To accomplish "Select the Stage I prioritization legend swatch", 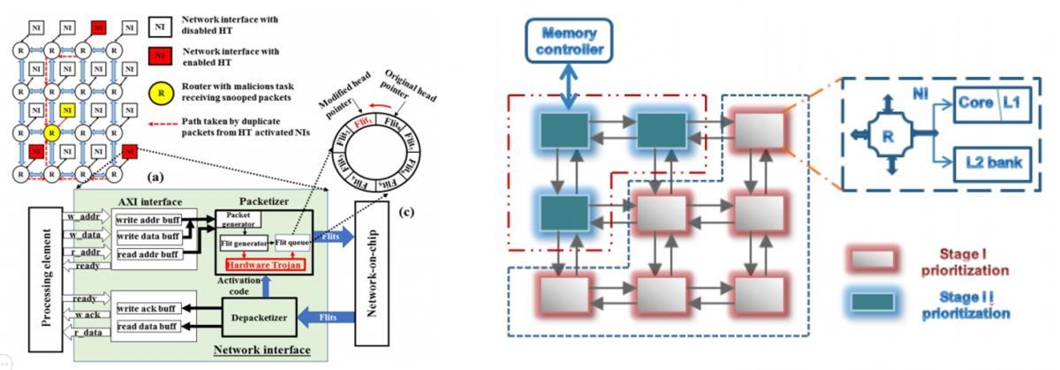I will point(873,257).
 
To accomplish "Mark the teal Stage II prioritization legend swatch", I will point(873,303).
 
